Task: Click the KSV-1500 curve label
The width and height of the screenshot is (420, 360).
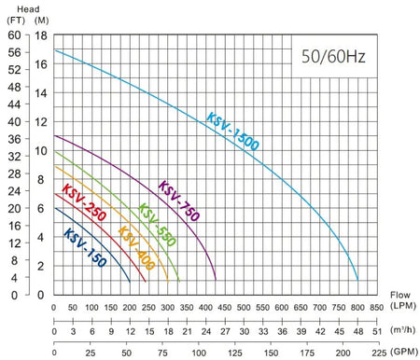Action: click(232, 132)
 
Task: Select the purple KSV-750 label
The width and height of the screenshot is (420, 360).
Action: click(179, 201)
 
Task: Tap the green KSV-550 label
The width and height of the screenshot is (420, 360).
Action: click(157, 225)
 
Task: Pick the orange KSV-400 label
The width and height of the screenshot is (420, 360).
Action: click(136, 248)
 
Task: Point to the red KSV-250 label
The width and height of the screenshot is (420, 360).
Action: click(84, 202)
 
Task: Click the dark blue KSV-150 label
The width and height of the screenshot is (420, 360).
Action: click(85, 247)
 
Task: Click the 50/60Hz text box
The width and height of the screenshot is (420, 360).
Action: click(333, 57)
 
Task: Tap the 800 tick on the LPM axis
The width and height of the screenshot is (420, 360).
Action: click(357, 308)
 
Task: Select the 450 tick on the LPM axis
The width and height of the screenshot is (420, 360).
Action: click(224, 308)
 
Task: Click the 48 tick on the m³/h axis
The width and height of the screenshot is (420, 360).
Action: click(358, 331)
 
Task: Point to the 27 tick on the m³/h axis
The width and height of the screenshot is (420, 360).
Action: click(225, 331)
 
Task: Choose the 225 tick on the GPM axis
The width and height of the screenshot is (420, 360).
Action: click(379, 353)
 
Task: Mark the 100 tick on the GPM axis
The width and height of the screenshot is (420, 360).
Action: click(199, 353)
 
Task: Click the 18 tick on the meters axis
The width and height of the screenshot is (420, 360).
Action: click(41, 35)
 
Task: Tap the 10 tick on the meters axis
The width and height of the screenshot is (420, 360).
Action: click(41, 151)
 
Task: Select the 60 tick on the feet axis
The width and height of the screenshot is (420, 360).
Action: click(14, 35)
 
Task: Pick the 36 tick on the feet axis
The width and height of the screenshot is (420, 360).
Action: click(14, 139)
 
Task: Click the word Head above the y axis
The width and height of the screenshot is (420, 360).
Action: click(28, 9)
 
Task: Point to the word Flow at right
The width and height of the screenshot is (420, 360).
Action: click(400, 295)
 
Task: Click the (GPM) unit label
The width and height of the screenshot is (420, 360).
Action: click(404, 352)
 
